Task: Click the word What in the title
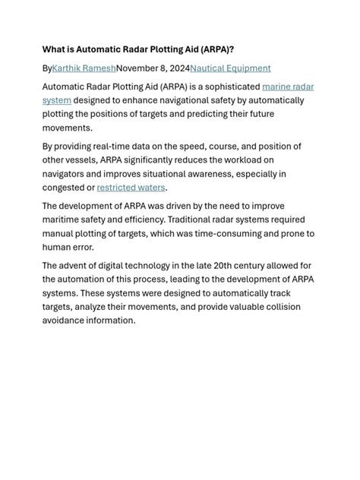[x=55, y=49]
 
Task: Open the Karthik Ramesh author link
[x=84, y=68]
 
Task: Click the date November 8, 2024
[x=153, y=68]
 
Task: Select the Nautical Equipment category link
[x=230, y=68]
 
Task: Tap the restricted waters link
[x=131, y=188]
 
